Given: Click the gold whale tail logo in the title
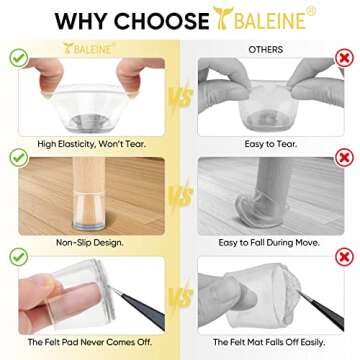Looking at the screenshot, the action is pyautogui.click(x=223, y=18).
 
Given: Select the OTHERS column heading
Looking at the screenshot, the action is pyautogui.click(x=266, y=50).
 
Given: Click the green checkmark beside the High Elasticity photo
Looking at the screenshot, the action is pyautogui.click(x=19, y=58).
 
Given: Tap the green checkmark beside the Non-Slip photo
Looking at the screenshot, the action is pyautogui.click(x=19, y=158).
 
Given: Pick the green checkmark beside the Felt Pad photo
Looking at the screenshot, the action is pyautogui.click(x=19, y=257).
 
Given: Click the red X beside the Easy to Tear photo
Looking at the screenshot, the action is pyautogui.click(x=344, y=59).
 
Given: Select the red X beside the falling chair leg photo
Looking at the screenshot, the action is pyautogui.click(x=344, y=158).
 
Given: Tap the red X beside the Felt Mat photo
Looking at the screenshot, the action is pyautogui.click(x=344, y=257).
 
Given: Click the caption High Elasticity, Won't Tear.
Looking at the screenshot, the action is pyautogui.click(x=92, y=144).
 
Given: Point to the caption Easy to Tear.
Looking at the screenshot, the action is pyautogui.click(x=271, y=144).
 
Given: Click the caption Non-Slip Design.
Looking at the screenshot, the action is pyautogui.click(x=90, y=243).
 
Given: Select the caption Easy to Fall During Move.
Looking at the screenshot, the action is pyautogui.click(x=269, y=243).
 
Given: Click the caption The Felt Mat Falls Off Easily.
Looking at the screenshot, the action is pyautogui.click(x=269, y=342).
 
